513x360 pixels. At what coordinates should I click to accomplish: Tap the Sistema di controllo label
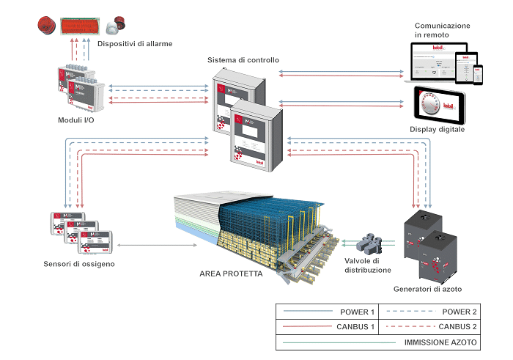click(243, 60)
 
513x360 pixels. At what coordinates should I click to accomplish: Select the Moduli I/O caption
click(75, 120)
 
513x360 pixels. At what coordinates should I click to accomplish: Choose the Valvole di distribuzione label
click(367, 265)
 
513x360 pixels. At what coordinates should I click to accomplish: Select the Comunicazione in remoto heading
click(442, 30)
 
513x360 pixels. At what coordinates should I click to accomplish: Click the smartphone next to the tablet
click(478, 74)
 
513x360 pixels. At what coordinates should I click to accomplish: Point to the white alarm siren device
click(114, 27)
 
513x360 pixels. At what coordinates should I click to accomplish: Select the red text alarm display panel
click(79, 26)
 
